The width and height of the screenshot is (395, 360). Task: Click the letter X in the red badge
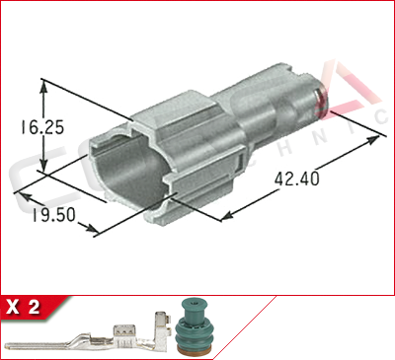click(x=15, y=307)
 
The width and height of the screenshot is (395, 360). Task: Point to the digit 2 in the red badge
click(x=34, y=307)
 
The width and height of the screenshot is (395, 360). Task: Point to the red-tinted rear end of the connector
click(x=318, y=95)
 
